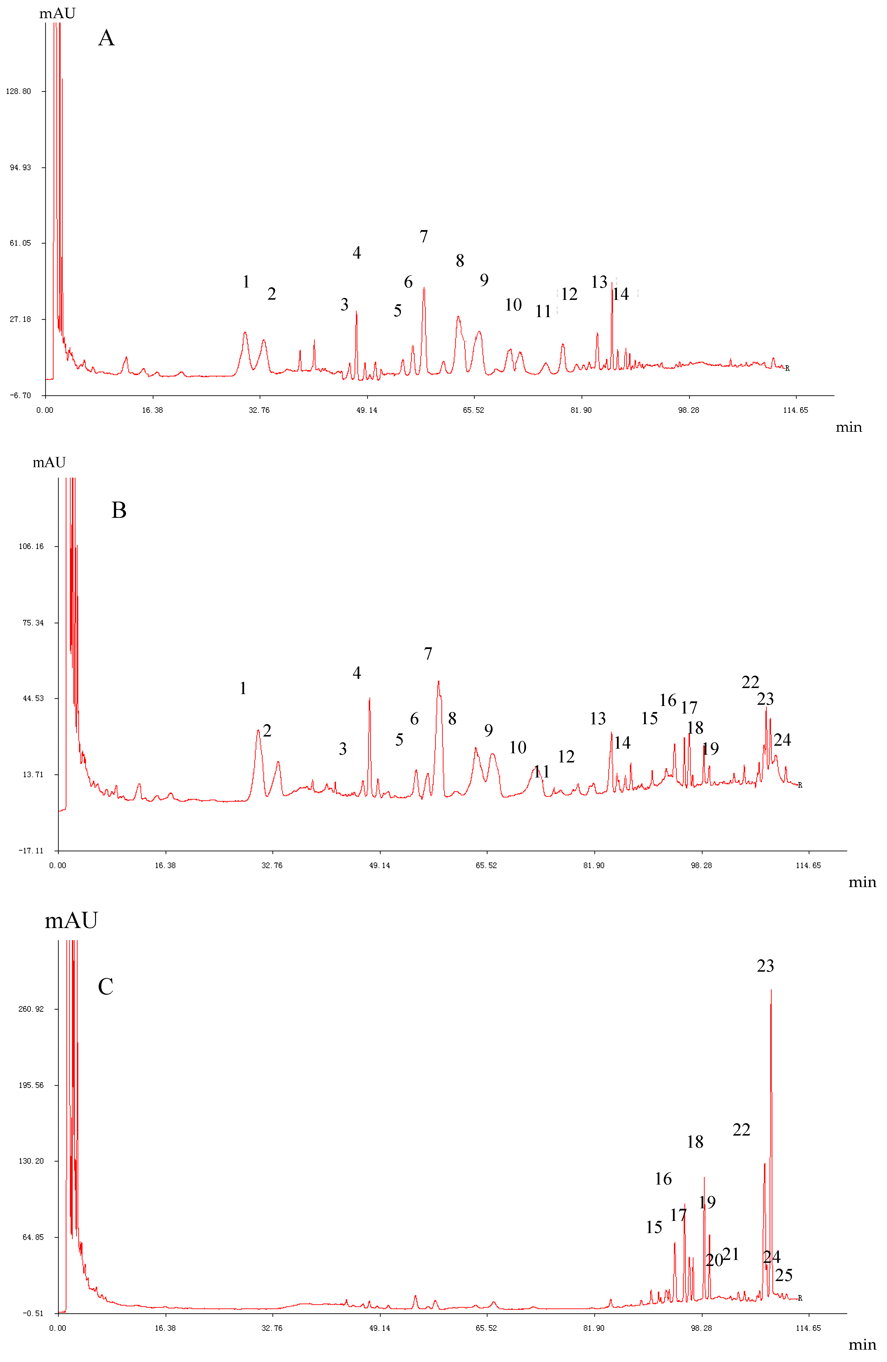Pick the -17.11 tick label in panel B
pos(31,851)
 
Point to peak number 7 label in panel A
pos(424,236)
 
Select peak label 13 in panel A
pos(599,282)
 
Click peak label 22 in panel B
pos(750,682)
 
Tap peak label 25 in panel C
pos(784,1275)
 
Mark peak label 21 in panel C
pos(731,1254)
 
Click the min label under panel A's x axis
pos(849,427)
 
